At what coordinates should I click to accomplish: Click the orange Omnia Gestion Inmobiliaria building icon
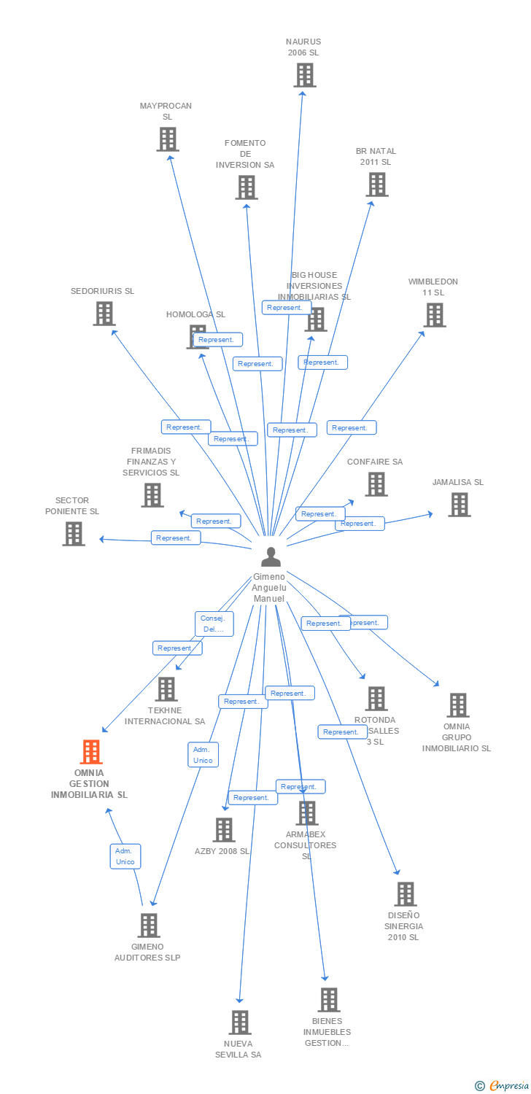point(91,751)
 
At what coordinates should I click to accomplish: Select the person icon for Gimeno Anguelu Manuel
point(271,557)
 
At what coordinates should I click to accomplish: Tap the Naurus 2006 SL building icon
point(305,75)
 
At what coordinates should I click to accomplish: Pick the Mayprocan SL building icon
point(168,139)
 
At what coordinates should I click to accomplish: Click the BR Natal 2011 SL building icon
point(377,185)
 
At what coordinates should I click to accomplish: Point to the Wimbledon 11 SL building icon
point(435,315)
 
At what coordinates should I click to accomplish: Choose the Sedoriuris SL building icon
point(104,314)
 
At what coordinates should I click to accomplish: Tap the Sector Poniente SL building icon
point(74,534)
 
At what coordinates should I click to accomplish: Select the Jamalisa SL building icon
point(459,505)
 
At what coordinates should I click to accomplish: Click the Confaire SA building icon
point(376,484)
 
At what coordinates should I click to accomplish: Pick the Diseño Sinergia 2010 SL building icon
point(405,894)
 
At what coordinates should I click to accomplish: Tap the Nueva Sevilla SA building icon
point(240,1023)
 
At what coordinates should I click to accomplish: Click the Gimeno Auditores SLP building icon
point(149,926)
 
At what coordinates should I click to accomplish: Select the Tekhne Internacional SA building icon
point(166,689)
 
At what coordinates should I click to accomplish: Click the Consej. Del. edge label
point(214,624)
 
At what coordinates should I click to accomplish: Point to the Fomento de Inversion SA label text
point(245,154)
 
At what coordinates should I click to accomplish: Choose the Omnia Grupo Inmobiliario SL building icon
point(457,705)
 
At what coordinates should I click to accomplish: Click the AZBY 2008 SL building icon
point(223,830)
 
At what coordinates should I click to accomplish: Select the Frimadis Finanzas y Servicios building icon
point(152,495)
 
